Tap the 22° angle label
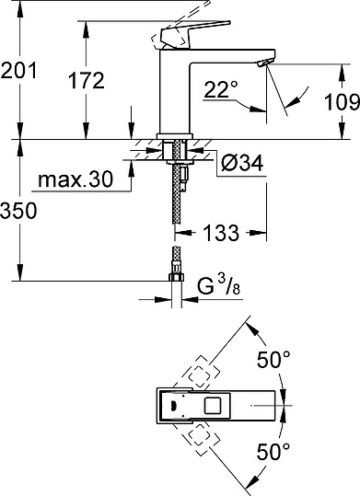(x=220, y=89)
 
